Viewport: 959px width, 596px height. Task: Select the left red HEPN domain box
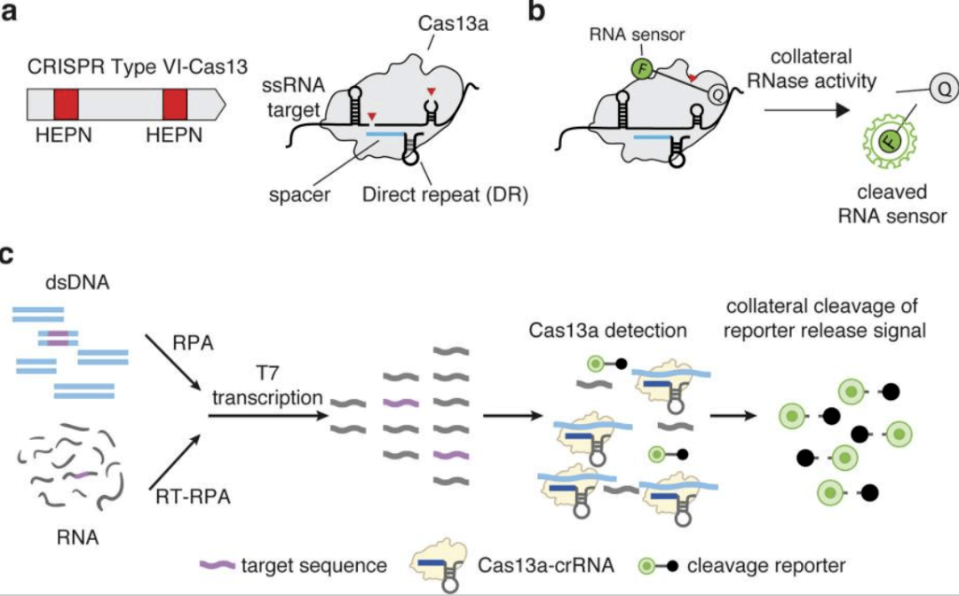point(67,106)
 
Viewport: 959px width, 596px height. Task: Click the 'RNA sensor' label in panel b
point(627,36)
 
